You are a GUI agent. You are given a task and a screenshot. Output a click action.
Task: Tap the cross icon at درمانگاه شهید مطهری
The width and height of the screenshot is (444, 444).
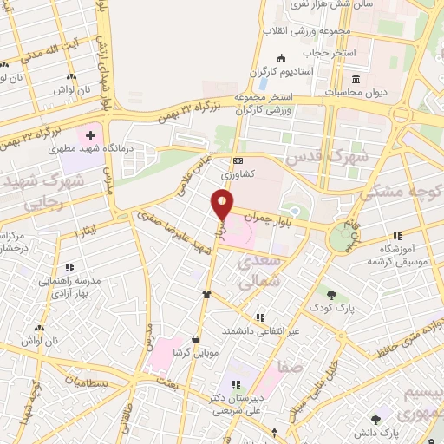pyautogui.click(x=90, y=136)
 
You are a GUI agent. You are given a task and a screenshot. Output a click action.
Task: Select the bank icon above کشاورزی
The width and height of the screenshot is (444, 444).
pyautogui.click(x=238, y=161)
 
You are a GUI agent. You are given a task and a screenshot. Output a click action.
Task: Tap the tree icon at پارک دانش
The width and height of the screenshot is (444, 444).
pyautogui.click(x=375, y=418)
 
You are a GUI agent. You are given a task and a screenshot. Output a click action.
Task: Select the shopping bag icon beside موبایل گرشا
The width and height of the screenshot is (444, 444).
pyautogui.click(x=206, y=294)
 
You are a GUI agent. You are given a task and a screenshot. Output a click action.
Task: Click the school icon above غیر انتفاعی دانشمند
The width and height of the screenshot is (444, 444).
pyautogui.click(x=260, y=317)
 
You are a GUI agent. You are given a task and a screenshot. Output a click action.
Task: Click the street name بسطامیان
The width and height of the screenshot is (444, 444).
pyautogui.click(x=89, y=382)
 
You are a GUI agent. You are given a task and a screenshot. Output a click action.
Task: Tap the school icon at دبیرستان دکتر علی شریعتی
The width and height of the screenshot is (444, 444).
pyautogui.click(x=233, y=385)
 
